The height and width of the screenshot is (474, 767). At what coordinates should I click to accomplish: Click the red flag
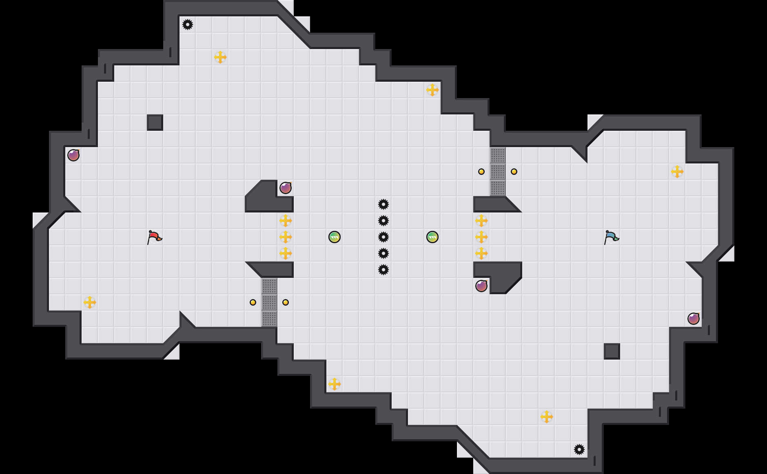click(x=154, y=237)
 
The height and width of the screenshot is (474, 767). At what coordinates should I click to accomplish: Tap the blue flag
click(x=611, y=237)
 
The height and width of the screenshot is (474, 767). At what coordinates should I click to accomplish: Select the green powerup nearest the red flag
click(x=335, y=237)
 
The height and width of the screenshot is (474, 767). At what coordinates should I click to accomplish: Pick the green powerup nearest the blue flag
click(x=432, y=237)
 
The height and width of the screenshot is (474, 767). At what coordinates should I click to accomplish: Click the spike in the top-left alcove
click(x=188, y=25)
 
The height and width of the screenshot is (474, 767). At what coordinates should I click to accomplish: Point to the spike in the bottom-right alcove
click(x=579, y=449)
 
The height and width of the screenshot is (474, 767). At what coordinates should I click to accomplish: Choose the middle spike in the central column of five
click(x=383, y=237)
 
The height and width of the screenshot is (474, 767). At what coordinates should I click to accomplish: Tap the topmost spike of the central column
click(x=383, y=204)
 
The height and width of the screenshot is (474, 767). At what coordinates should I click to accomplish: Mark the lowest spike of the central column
click(x=383, y=270)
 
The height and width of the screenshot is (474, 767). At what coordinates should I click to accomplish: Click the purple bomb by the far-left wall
click(x=73, y=155)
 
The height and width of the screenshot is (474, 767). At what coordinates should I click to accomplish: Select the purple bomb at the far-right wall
click(x=694, y=319)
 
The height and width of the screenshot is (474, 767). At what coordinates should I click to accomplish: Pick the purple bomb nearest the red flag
click(x=286, y=188)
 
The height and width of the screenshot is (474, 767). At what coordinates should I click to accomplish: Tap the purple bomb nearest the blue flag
click(x=481, y=286)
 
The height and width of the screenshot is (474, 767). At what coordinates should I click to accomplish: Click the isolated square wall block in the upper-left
click(x=155, y=123)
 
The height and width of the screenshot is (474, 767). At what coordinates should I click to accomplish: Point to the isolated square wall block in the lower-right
click(x=612, y=351)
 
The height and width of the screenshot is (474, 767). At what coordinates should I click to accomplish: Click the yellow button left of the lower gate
click(x=253, y=302)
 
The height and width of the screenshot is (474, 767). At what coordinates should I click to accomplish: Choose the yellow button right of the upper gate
click(x=514, y=172)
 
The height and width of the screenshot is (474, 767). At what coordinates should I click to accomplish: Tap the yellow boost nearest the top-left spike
click(x=220, y=57)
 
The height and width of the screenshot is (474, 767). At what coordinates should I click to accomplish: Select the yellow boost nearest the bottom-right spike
click(x=547, y=417)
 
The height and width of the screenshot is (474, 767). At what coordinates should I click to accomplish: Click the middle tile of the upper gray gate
click(x=498, y=172)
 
